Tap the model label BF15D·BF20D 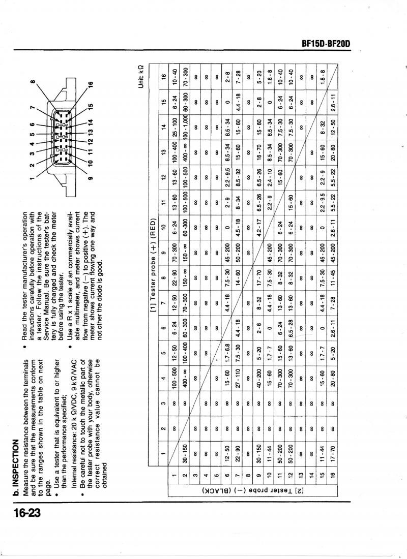click(x=326, y=44)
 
